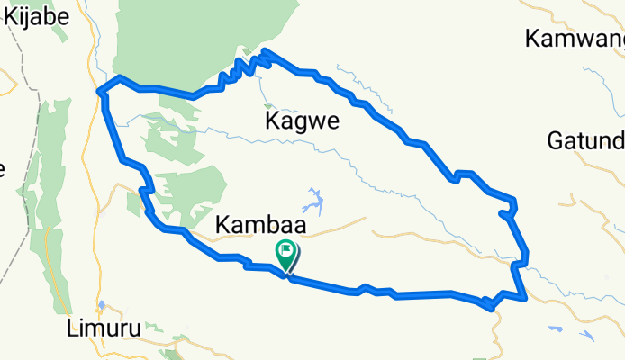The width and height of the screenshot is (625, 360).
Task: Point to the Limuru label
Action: [x=104, y=329]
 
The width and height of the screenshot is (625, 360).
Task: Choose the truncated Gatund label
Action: [x=585, y=141]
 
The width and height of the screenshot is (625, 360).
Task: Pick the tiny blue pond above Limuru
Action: [x=102, y=304]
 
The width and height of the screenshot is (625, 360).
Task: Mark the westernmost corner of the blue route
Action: [x=98, y=90]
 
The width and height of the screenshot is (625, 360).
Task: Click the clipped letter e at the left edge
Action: [x=3, y=168]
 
